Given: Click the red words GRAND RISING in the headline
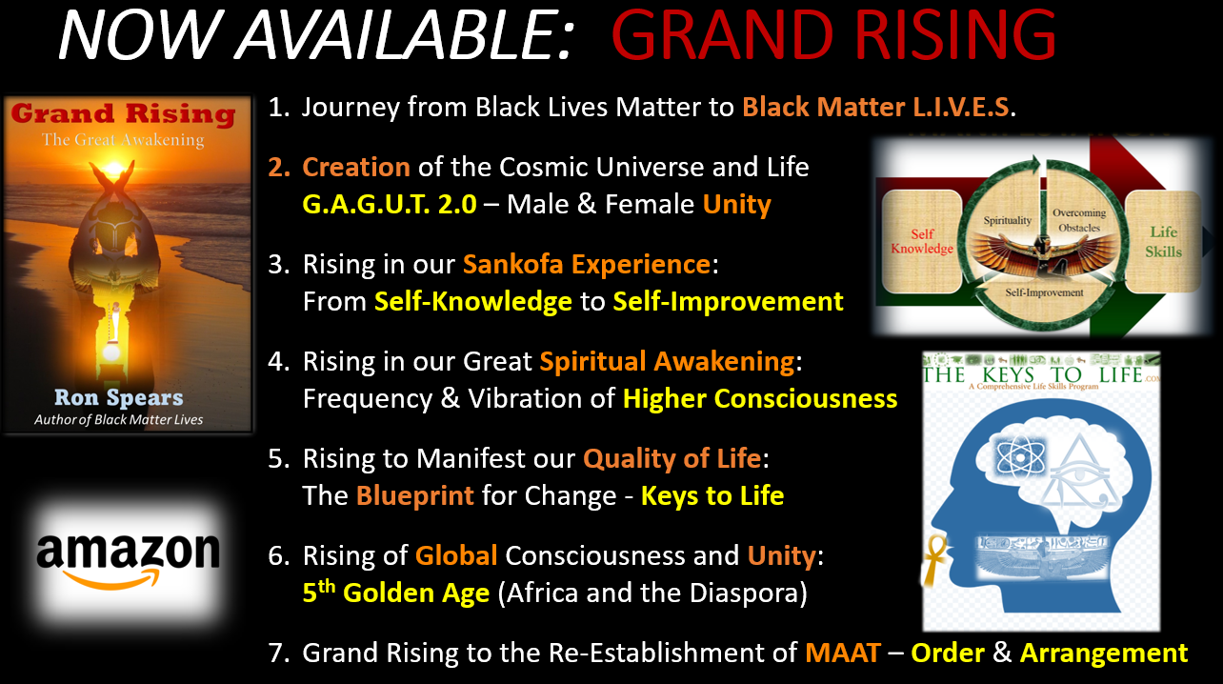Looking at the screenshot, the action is point(833,35).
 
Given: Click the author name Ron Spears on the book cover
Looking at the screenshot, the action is point(118,397).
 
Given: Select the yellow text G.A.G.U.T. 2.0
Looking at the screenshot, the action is point(390,205).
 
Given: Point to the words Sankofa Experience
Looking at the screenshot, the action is point(587,265).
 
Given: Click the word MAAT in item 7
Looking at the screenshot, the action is point(843,653).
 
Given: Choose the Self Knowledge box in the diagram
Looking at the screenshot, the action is point(922,241).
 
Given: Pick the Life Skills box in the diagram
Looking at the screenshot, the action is point(1163,241).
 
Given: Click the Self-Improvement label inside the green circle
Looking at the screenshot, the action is point(1044,292).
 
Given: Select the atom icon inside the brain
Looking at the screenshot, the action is point(1020,455).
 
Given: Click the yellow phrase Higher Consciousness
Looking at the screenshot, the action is point(760,399).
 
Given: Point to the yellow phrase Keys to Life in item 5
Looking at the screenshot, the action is point(712,496).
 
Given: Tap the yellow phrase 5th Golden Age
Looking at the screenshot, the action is point(396,592).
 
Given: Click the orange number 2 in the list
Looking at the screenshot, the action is point(279,167).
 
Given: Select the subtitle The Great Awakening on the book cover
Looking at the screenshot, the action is point(124,140).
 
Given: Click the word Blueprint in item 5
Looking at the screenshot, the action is point(415,496).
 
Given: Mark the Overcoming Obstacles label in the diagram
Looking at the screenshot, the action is point(1079,220).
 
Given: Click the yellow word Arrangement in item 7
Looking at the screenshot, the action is point(1104,654).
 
